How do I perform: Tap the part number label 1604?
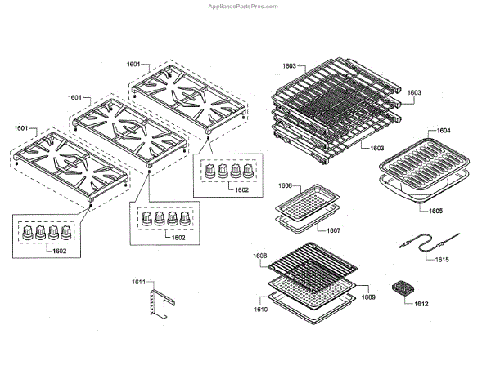[443, 131]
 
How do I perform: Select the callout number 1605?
[437, 211]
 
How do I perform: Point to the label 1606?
[285, 187]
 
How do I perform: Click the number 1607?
[334, 230]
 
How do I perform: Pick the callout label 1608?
[260, 256]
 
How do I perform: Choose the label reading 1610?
[261, 311]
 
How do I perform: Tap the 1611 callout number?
[139, 283]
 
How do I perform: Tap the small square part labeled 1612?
[402, 289]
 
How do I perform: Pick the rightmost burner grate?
[187, 95]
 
